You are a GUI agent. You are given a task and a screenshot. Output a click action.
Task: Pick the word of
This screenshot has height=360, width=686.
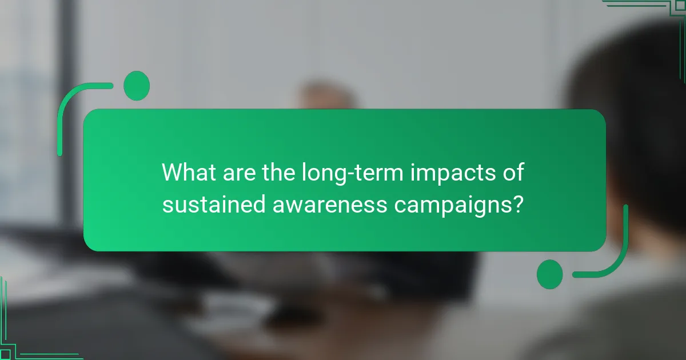click(512, 173)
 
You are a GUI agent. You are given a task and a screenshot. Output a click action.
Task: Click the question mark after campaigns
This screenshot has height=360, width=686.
click(517, 204)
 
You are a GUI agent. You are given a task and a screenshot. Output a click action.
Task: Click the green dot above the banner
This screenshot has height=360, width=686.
click(137, 86)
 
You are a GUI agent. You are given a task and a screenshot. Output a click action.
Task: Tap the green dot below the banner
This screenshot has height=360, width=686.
click(550, 274)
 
